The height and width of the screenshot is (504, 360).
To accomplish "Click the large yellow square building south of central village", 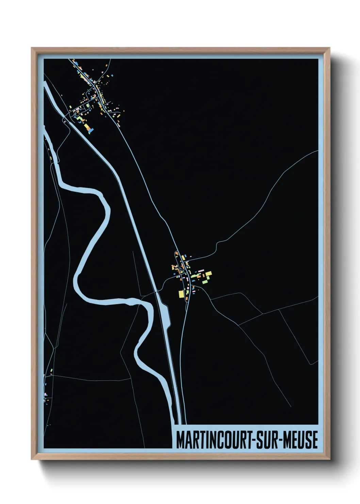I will click(181, 294).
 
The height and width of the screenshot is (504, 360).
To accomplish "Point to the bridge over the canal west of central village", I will click(157, 292).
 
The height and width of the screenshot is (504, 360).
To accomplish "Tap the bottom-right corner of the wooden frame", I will click(329, 458).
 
